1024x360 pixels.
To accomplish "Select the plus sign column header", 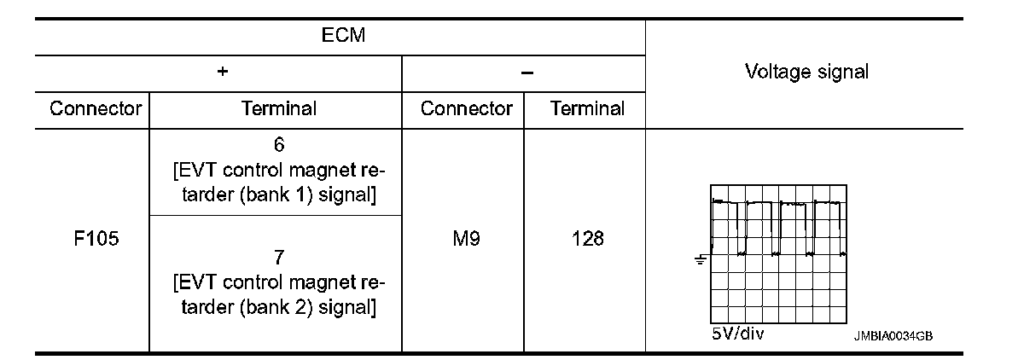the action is [x=222, y=73].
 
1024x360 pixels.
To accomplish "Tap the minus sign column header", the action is [x=527, y=73].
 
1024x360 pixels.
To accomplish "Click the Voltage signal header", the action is [x=806, y=73].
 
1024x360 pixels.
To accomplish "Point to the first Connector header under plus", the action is [x=96, y=108].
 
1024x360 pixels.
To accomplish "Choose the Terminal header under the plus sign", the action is [x=279, y=108].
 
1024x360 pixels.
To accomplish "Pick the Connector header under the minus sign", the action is [x=466, y=108].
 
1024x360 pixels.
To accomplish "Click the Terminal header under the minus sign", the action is [x=588, y=108].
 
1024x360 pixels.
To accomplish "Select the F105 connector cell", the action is [x=96, y=239].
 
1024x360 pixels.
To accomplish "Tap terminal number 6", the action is [x=279, y=144].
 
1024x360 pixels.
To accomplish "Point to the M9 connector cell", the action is [x=466, y=239].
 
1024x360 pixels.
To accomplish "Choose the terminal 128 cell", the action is [x=588, y=239].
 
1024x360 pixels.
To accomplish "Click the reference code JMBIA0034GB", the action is [x=892, y=336].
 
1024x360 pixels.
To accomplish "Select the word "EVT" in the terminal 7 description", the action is [x=195, y=283].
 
